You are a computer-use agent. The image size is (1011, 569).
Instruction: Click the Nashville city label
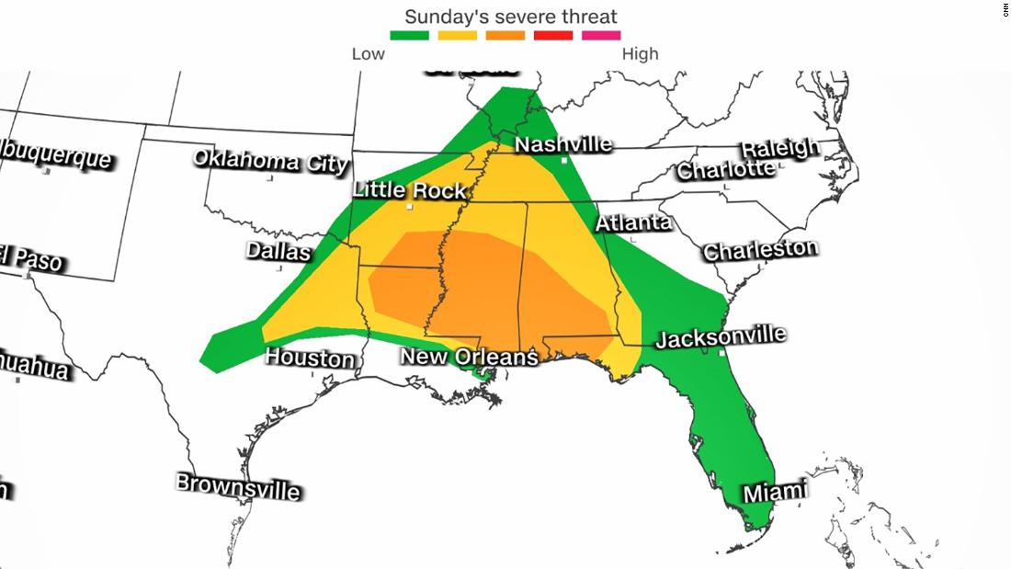(562, 144)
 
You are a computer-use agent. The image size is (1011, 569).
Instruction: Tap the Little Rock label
(411, 190)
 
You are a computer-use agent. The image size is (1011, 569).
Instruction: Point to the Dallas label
(278, 251)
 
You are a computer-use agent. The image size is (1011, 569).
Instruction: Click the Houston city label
(310, 357)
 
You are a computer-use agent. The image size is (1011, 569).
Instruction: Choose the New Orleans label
(468, 357)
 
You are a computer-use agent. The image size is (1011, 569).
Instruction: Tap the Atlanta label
(633, 222)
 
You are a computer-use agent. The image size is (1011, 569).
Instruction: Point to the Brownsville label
(238, 485)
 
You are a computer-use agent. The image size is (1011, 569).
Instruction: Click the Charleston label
(759, 249)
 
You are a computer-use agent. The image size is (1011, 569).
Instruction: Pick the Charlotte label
(725, 170)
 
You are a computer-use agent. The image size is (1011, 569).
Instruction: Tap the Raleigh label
(779, 148)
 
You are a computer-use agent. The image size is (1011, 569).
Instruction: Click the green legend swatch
(409, 36)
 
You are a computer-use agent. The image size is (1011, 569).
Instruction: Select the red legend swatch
(552, 36)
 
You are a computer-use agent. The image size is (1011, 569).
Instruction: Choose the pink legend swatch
(600, 36)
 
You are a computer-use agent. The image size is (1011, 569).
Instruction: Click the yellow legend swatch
(457, 36)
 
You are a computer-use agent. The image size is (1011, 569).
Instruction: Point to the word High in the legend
(640, 53)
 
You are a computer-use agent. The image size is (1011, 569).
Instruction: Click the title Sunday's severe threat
(511, 16)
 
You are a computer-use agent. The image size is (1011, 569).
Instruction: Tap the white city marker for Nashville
(564, 161)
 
